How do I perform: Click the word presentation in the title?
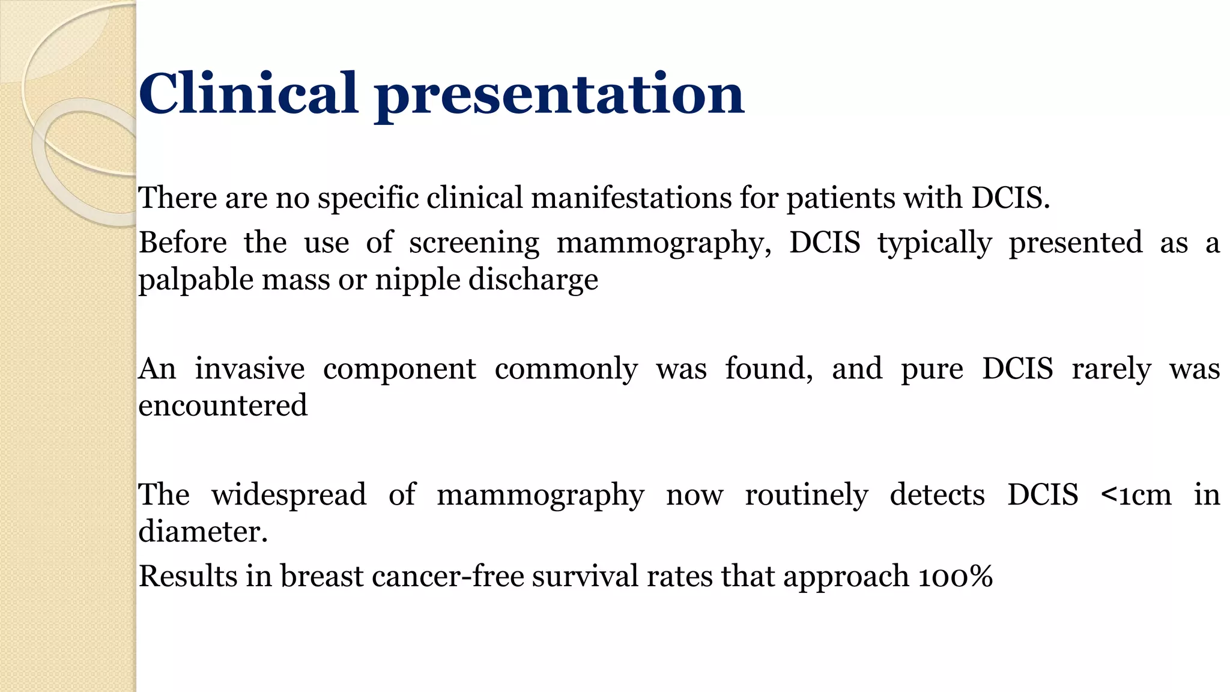pos(559,96)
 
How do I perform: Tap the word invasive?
pos(249,368)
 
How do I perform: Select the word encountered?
pos(223,405)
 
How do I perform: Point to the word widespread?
pos(288,495)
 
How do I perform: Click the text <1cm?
pos(1136,496)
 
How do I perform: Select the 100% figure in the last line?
pos(956,576)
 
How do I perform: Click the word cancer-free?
pos(447,576)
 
